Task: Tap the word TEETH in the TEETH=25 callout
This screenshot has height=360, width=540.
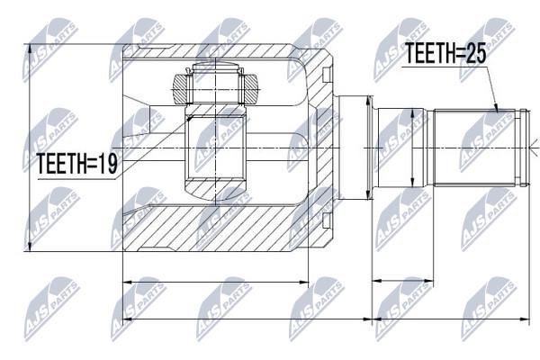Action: pos(426,54)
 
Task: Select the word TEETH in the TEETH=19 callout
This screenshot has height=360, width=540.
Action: pos(58,163)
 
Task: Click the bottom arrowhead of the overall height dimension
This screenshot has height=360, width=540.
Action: pos(30,246)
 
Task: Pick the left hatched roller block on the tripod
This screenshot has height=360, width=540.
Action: pos(181,88)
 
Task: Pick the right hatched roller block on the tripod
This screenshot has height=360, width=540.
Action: pos(249,88)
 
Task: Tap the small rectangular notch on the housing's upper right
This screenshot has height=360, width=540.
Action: pos(327,75)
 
